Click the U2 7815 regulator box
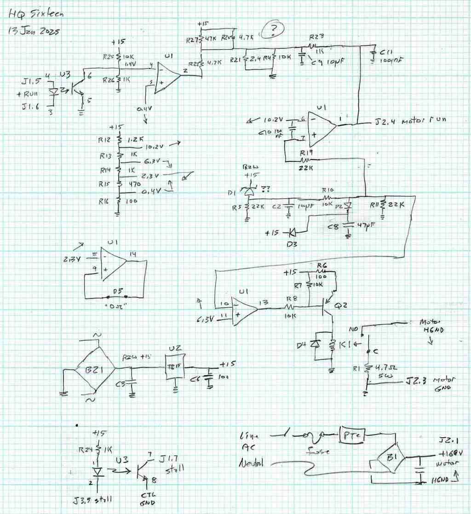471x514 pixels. (x=175, y=367)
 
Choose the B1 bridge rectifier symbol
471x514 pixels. (x=391, y=458)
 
